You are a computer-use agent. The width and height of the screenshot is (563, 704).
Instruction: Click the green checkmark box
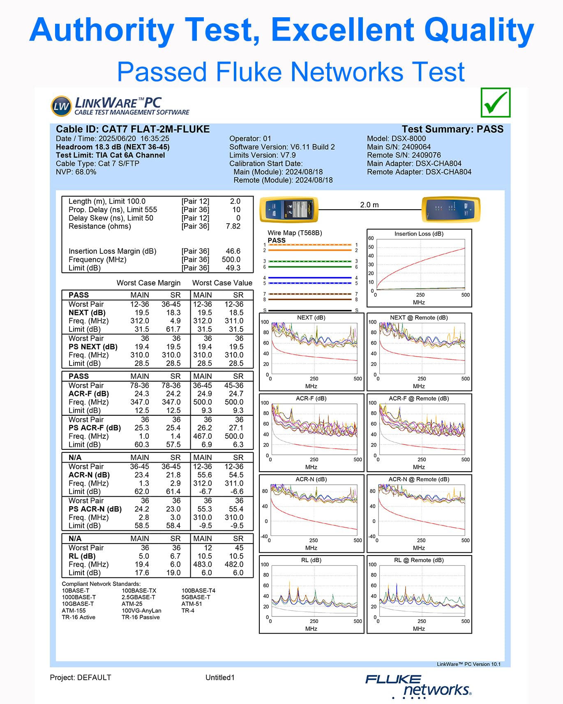click(x=495, y=103)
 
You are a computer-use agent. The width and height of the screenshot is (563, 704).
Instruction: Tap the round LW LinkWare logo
click(x=61, y=107)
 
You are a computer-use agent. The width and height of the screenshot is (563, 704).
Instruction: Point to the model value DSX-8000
click(x=408, y=139)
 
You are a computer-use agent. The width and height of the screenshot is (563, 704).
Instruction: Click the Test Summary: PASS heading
click(x=452, y=129)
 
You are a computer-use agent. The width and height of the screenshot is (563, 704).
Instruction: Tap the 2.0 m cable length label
click(x=369, y=205)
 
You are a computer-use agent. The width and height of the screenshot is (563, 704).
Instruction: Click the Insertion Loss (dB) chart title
click(x=419, y=234)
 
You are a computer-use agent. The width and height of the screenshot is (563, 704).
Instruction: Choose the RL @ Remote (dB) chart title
click(x=419, y=560)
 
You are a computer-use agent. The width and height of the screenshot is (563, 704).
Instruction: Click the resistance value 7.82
click(x=233, y=226)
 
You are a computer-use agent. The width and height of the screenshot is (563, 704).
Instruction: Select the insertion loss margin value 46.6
click(x=233, y=251)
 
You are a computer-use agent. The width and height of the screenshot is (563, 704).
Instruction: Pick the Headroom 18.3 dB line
click(x=113, y=147)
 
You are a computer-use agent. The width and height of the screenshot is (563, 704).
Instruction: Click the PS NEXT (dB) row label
click(x=93, y=347)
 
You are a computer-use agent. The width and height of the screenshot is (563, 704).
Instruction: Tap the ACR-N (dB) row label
click(x=89, y=475)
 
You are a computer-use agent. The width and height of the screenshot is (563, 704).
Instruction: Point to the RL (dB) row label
click(x=82, y=556)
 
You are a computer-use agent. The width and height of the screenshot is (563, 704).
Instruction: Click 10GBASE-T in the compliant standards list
click(x=78, y=604)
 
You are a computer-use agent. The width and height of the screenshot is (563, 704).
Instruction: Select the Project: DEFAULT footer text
click(x=81, y=677)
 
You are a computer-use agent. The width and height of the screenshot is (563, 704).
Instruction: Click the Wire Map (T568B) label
click(x=295, y=233)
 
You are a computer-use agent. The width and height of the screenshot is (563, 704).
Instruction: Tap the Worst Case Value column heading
click(x=222, y=283)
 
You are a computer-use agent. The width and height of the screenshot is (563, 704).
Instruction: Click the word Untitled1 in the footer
click(x=220, y=677)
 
